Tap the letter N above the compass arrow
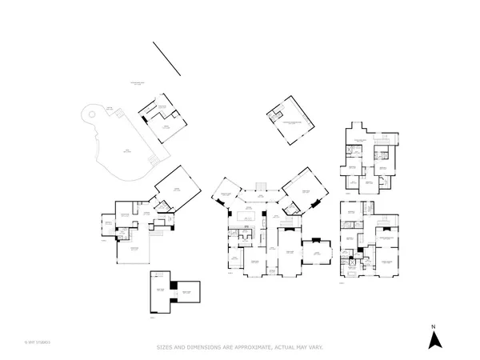(x=433, y=326)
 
